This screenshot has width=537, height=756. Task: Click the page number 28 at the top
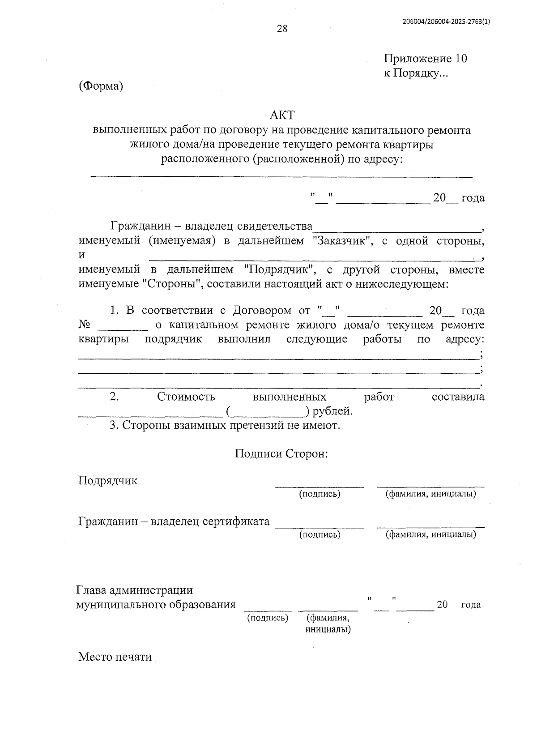(282, 30)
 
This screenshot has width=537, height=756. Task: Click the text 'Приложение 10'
(425, 59)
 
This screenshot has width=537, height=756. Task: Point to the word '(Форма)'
(101, 86)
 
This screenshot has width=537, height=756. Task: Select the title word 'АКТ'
(282, 115)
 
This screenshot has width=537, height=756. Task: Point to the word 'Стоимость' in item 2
(186, 397)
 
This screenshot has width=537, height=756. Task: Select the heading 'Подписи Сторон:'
(282, 453)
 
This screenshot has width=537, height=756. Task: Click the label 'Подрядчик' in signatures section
(108, 481)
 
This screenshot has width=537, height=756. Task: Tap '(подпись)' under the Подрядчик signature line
(320, 494)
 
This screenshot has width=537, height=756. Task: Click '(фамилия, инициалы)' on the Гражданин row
(431, 534)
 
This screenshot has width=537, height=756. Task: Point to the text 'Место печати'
(115, 657)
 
